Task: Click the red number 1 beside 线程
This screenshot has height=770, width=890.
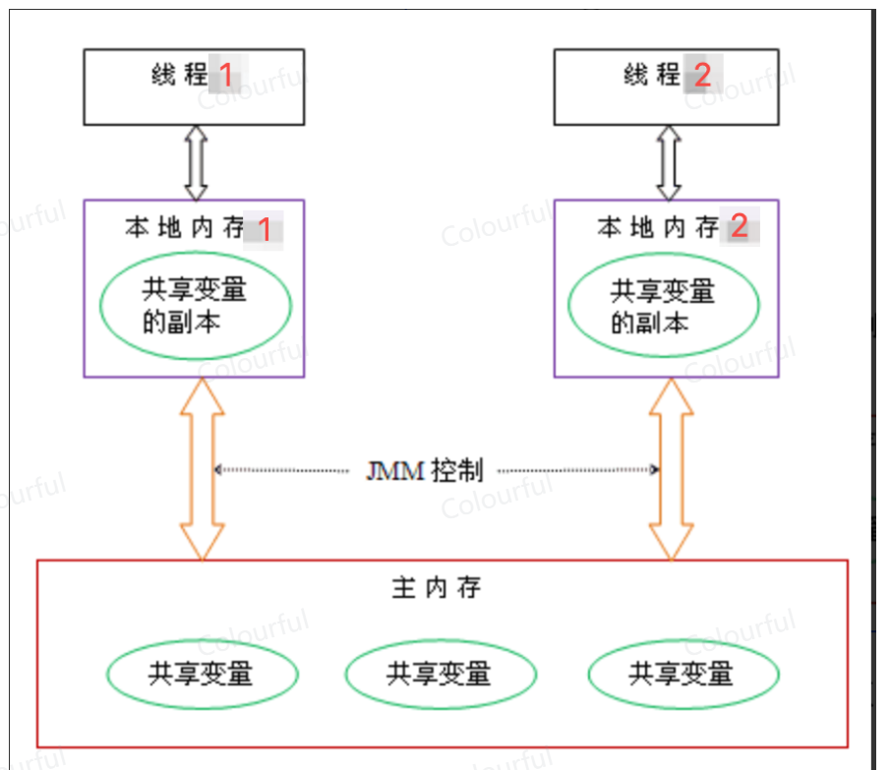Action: click(x=226, y=74)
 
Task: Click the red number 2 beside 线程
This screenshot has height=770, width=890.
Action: click(x=701, y=74)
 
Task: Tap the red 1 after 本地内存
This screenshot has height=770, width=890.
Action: click(x=263, y=229)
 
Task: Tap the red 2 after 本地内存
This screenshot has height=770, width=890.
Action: click(x=739, y=228)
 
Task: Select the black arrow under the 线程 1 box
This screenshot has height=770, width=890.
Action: click(x=195, y=162)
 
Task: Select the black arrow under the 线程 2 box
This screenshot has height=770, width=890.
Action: click(x=669, y=162)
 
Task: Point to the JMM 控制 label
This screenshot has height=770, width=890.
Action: click(x=425, y=470)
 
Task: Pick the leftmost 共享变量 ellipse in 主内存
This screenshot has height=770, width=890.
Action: click(x=202, y=674)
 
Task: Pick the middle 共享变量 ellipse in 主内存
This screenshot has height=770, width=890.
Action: click(x=440, y=674)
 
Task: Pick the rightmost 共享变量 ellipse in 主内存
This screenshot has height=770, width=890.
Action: click(x=682, y=674)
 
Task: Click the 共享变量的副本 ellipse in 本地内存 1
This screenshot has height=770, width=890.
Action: click(x=195, y=305)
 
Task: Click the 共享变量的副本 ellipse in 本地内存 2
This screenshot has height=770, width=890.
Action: click(x=664, y=305)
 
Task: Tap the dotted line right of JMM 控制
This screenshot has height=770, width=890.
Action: click(x=575, y=470)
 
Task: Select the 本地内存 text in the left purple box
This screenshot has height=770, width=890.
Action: click(x=185, y=229)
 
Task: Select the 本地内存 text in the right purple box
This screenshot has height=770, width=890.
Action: click(x=658, y=229)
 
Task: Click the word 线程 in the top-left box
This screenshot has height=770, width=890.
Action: click(x=180, y=74)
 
